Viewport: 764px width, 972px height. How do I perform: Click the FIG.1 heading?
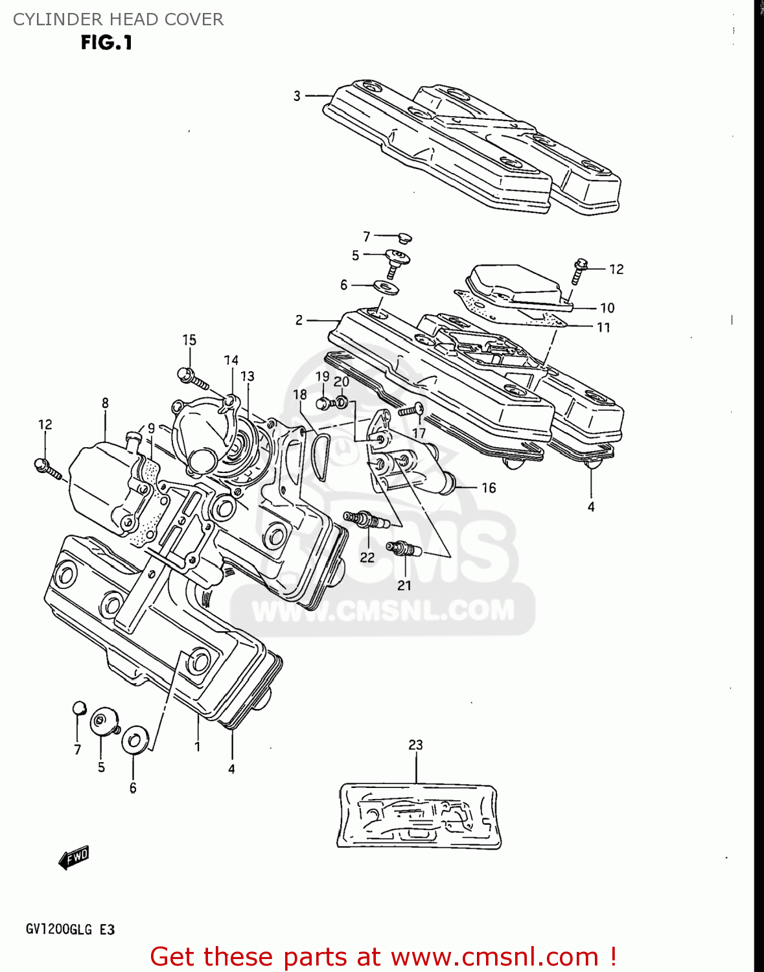(x=106, y=43)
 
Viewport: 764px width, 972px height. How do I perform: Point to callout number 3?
(x=297, y=96)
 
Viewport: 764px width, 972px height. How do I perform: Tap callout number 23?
(x=415, y=745)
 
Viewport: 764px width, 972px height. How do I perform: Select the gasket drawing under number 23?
(x=419, y=816)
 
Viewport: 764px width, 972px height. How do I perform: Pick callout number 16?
(x=489, y=487)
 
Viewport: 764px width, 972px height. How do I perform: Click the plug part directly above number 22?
(x=366, y=519)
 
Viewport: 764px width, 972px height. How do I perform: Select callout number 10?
(x=607, y=308)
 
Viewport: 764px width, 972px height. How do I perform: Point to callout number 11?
(x=603, y=328)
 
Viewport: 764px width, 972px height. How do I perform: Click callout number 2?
(x=299, y=320)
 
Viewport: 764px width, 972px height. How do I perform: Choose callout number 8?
(x=105, y=403)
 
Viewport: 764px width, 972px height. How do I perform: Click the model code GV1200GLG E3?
(x=70, y=929)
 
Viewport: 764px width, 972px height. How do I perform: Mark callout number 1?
(x=197, y=746)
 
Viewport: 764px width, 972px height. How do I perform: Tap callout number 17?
(x=419, y=433)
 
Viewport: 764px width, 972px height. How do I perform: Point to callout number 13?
(x=248, y=376)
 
